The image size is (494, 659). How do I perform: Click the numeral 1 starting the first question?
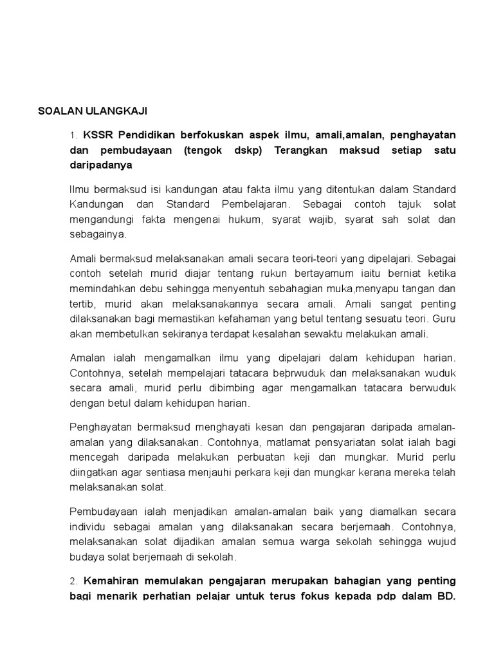73,135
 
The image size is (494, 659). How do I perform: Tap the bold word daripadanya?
100,165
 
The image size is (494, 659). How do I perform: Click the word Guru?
443,319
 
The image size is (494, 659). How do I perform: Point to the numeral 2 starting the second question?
73,581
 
